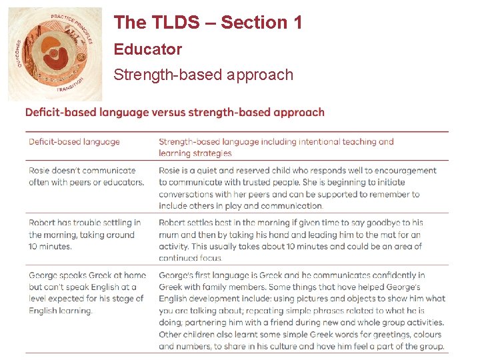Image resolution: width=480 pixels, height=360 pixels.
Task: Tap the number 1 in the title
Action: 297,23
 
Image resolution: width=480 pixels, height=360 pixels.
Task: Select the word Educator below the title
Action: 147,49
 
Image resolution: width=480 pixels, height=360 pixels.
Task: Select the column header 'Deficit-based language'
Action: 74,141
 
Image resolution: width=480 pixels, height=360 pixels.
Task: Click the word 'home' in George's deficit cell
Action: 134,275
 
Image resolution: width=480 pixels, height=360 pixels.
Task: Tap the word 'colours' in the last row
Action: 425,335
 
